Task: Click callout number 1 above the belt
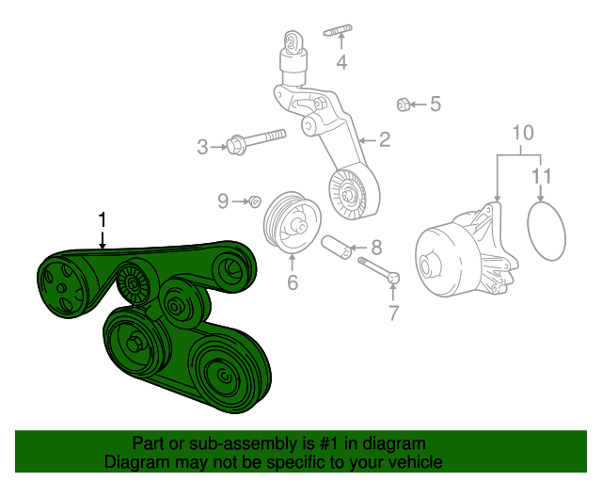103,220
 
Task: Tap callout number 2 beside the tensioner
385,139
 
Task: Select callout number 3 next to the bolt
202,147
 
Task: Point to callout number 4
341,62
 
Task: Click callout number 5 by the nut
435,104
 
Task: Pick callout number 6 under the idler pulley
293,282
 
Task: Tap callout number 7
393,313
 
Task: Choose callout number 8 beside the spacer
376,248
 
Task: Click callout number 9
223,201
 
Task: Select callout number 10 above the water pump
523,133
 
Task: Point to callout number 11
542,176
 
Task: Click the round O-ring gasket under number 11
529,232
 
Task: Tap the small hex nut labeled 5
403,104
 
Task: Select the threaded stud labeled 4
338,30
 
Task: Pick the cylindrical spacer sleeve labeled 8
337,248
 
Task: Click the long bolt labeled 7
379,270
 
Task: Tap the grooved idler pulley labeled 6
292,223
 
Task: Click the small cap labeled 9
255,201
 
